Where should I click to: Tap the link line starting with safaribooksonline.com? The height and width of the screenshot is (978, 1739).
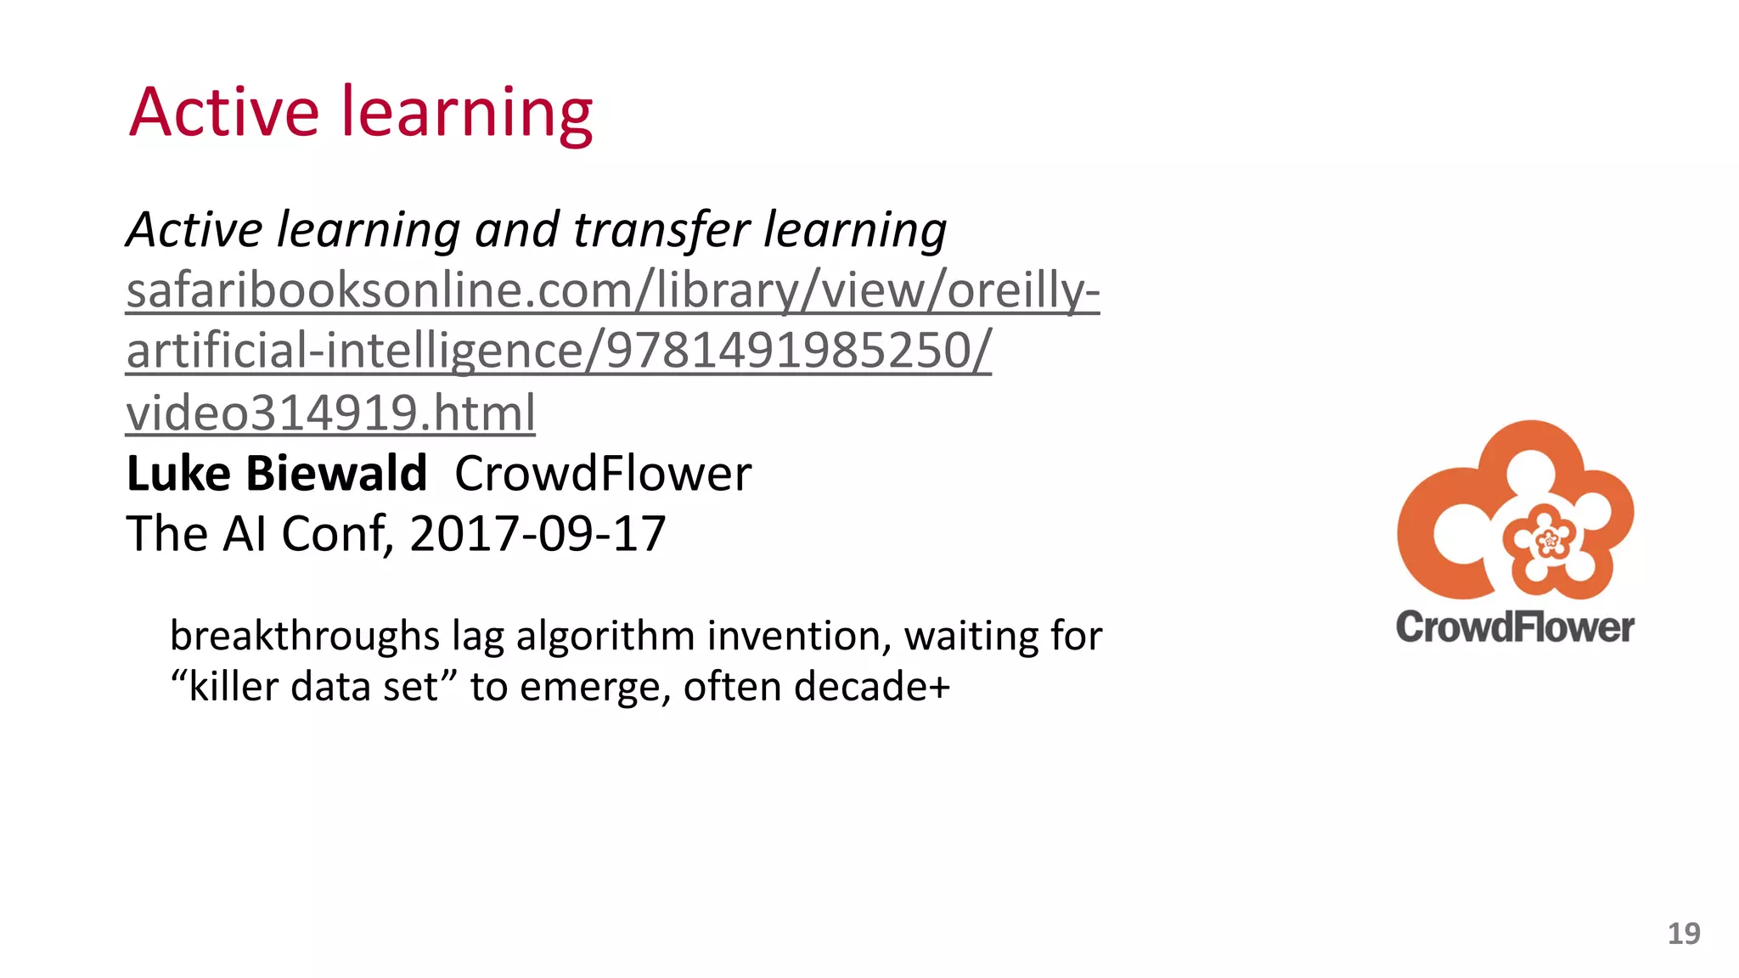(x=612, y=291)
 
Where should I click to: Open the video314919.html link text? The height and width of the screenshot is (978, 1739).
(x=330, y=413)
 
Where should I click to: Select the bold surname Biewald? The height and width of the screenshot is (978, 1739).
(x=336, y=474)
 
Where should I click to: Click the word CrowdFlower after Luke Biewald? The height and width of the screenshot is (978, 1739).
(x=603, y=474)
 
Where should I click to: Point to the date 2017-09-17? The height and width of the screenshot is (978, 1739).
(x=537, y=534)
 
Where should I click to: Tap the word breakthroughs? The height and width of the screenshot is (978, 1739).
(x=304, y=636)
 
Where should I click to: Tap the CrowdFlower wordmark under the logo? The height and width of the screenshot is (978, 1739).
(x=1515, y=627)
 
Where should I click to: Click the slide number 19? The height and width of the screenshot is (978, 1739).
(x=1683, y=934)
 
